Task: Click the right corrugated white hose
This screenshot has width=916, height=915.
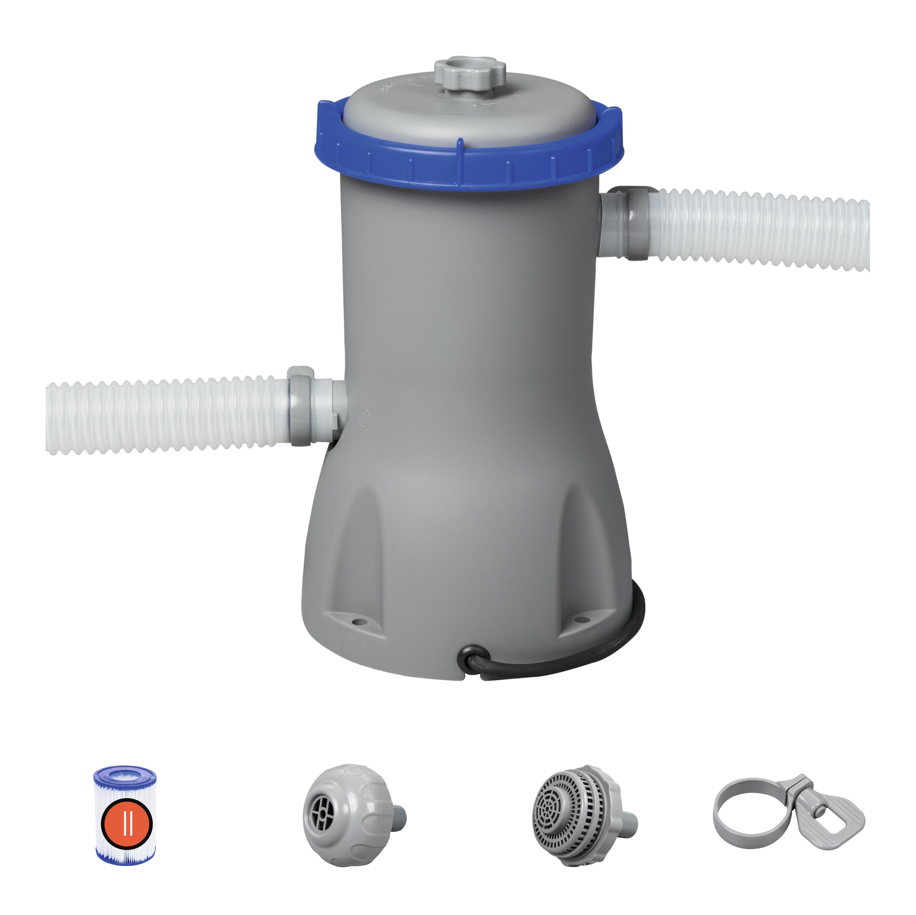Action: [x=758, y=229]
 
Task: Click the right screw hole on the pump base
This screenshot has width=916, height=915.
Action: [x=580, y=619]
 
